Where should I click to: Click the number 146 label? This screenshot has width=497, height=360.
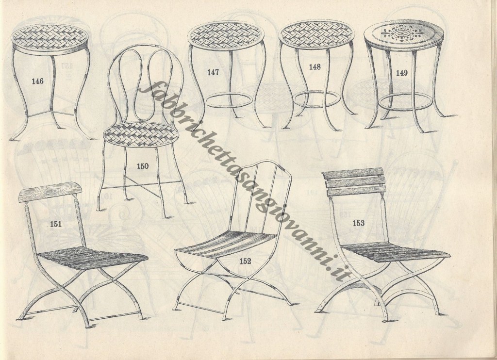pyautogui.click(x=37, y=81)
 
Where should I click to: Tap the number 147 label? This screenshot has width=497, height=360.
pyautogui.click(x=213, y=73)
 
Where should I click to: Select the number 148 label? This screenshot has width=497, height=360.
pyautogui.click(x=315, y=67)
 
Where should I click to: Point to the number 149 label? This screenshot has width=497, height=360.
pyautogui.click(x=401, y=73)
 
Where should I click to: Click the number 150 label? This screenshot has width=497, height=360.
pyautogui.click(x=143, y=166)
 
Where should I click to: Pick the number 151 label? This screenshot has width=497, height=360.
pyautogui.click(x=56, y=224)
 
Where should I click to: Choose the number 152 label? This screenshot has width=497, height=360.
pyautogui.click(x=245, y=261)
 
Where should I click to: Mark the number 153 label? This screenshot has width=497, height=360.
pyautogui.click(x=359, y=223)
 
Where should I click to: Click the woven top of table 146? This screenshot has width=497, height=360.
pyautogui.click(x=50, y=38)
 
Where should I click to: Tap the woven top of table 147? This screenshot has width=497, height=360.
pyautogui.click(x=226, y=35)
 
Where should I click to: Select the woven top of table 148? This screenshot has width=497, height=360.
pyautogui.click(x=316, y=35)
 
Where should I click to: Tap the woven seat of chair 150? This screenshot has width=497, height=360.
pyautogui.click(x=140, y=134)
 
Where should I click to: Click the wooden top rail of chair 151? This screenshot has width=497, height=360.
pyautogui.click(x=50, y=191)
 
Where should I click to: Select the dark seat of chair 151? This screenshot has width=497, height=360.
pyautogui.click(x=93, y=257)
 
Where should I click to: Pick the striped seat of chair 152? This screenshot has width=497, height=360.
pyautogui.click(x=226, y=244)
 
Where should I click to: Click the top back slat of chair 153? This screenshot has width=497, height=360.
pyautogui.click(x=353, y=173)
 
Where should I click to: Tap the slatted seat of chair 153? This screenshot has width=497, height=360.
pyautogui.click(x=396, y=252)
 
